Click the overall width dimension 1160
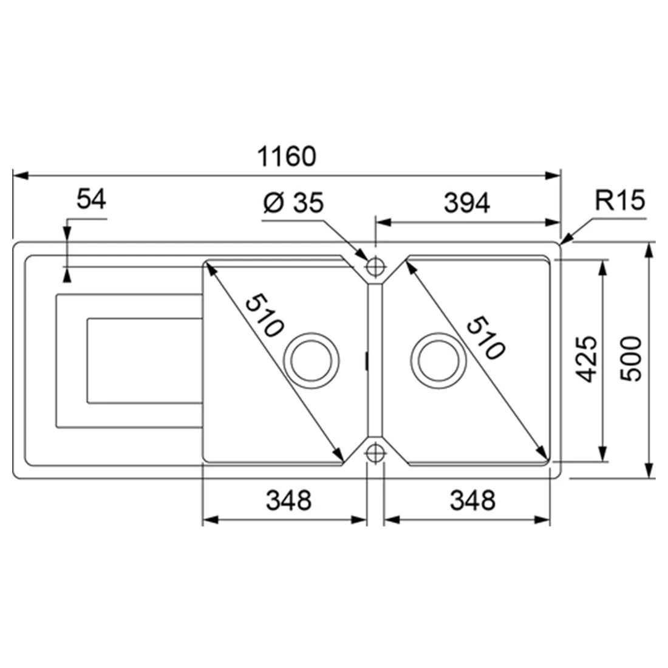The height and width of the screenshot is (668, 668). [x=287, y=157]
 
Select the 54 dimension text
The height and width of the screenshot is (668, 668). [x=91, y=199]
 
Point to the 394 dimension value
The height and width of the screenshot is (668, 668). [x=466, y=204]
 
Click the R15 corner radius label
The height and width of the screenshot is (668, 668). [x=619, y=200]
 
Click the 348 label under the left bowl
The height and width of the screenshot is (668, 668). [x=288, y=501]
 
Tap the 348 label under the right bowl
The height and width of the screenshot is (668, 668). [x=472, y=501]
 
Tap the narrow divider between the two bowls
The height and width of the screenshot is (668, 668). [x=375, y=358]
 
